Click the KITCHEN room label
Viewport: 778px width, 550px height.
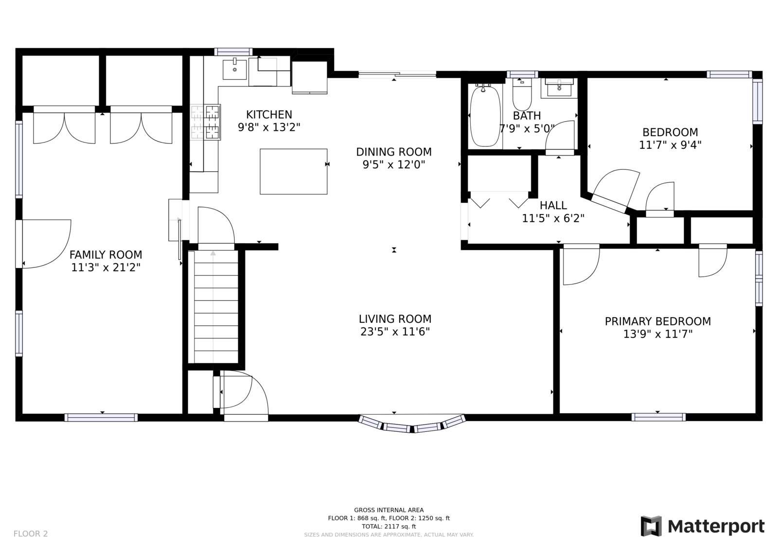[269, 115]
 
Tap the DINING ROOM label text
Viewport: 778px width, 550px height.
[394, 152]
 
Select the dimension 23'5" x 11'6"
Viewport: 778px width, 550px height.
[395, 332]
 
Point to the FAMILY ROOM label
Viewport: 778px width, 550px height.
[106, 255]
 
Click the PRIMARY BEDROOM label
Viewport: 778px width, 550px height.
[658, 321]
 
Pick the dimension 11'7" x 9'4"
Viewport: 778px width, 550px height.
[671, 145]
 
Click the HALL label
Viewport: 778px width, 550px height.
[553, 205]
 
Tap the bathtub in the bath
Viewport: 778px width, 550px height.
[485, 116]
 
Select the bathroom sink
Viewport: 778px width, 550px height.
[559, 88]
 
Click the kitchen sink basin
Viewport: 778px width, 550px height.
[235, 69]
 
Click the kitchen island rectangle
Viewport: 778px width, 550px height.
[294, 172]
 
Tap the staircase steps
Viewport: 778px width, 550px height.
[216, 307]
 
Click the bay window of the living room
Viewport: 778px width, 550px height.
[412, 424]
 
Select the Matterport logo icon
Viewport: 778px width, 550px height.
[651, 526]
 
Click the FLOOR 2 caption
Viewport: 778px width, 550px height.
[31, 533]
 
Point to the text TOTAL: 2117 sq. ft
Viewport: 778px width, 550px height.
[389, 526]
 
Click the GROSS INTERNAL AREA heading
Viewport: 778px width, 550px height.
[389, 510]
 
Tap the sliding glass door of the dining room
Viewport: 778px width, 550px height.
[397, 74]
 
